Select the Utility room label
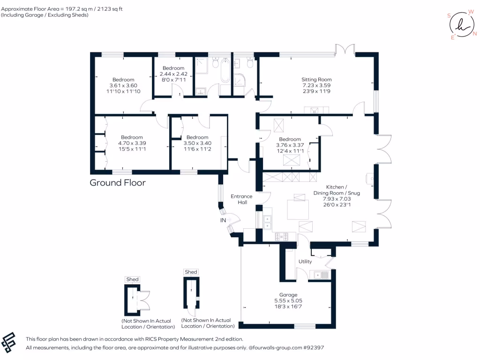(305, 262)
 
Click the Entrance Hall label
(241, 199)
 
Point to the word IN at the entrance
(224, 220)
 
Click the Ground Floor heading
(118, 183)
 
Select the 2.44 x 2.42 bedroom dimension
(173, 74)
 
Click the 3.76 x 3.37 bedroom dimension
(290, 145)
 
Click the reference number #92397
(313, 348)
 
